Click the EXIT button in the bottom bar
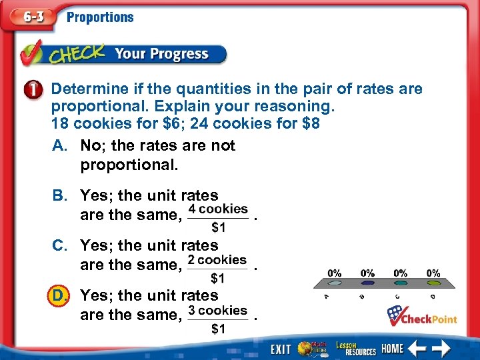point(280,349)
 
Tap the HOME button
point(392,349)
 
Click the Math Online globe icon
point(311,348)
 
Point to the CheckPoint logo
point(422,315)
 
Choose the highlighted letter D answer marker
point(60,295)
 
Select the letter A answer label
point(60,145)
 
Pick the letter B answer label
point(60,195)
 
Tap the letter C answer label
point(60,245)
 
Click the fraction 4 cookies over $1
point(218,217)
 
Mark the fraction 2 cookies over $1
point(218,267)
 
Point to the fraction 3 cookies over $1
point(218,318)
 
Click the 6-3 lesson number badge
point(30,17)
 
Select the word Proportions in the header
point(100,17)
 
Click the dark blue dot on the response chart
point(433,283)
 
